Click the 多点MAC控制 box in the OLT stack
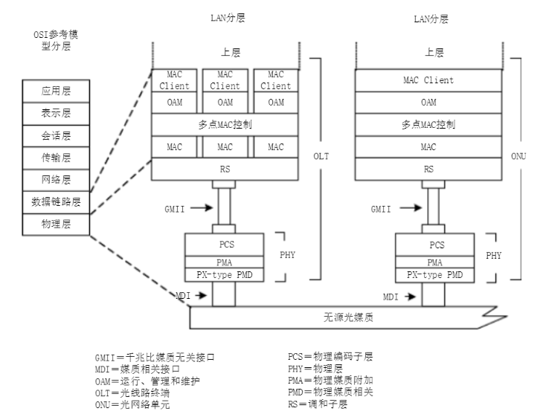coord(225,124)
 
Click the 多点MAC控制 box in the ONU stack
coord(428,124)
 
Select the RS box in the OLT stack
coord(225,169)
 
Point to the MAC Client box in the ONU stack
coord(428,80)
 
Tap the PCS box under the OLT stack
coord(225,243)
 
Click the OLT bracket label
coord(322,157)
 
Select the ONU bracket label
coord(525,157)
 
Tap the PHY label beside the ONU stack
coord(493,255)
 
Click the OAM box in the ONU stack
coord(428,102)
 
